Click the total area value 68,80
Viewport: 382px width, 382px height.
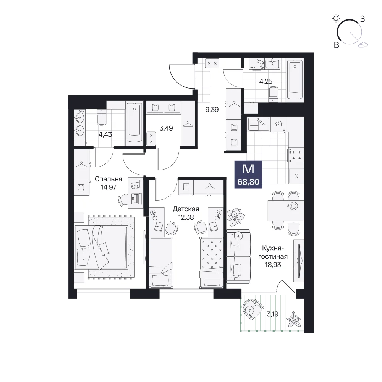(x=248, y=182)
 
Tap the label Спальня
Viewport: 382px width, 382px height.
(x=108, y=179)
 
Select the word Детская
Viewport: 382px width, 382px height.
(x=186, y=209)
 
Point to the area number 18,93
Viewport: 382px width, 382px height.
(x=273, y=265)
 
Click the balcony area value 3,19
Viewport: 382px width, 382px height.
(x=272, y=314)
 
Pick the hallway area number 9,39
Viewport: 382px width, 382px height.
(x=212, y=110)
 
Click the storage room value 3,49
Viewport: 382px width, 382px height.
(x=166, y=128)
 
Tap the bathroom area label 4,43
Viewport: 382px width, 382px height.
(x=105, y=134)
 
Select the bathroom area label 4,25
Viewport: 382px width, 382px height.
(x=265, y=81)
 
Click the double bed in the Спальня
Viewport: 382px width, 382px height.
(x=101, y=247)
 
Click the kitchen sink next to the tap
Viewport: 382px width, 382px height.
(x=258, y=124)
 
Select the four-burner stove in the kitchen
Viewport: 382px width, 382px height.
(x=296, y=155)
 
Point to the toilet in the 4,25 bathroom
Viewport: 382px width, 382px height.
(x=273, y=94)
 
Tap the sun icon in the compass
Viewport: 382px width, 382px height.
(x=336, y=18)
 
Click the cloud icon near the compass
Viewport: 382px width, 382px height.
(x=363, y=44)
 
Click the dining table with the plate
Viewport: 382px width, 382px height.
(x=286, y=210)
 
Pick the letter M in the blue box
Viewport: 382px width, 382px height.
(x=248, y=169)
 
